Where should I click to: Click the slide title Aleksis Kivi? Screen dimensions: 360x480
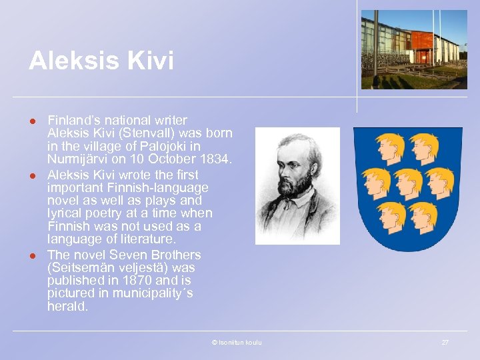coord(101,61)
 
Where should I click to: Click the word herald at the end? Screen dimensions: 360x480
coord(67,307)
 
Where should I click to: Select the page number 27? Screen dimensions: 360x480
coord(445,343)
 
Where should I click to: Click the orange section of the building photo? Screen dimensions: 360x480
coord(422,39)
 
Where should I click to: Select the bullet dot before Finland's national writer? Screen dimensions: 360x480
coord(31,121)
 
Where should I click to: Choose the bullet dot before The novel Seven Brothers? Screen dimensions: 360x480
coord(31,255)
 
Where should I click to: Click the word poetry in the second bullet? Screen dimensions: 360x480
coord(95,213)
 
